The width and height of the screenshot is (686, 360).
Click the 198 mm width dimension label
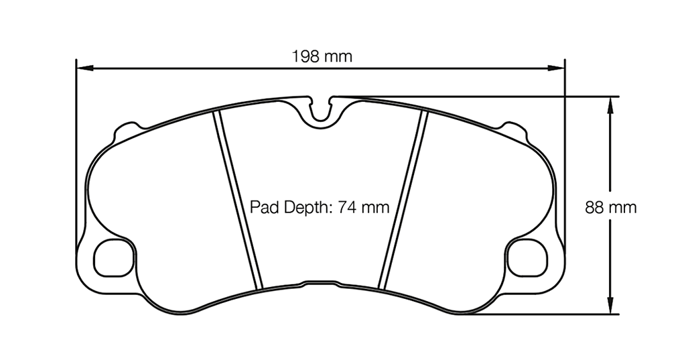coord(322,56)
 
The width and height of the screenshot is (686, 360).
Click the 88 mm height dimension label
coord(610,208)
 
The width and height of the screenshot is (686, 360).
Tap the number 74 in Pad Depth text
coord(346,207)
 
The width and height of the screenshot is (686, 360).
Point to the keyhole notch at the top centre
coord(323,110)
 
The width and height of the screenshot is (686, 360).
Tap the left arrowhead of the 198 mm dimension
coord(83,68)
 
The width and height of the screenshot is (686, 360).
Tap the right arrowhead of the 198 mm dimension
coord(558,68)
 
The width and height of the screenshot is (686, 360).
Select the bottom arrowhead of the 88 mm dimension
coord(610,307)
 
